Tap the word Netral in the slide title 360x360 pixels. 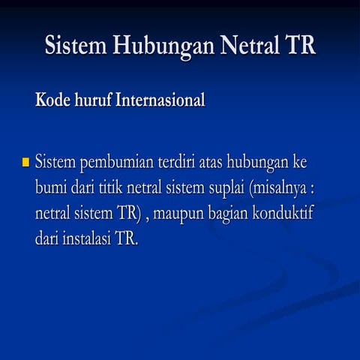[241, 46]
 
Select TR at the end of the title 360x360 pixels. [296, 46]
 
